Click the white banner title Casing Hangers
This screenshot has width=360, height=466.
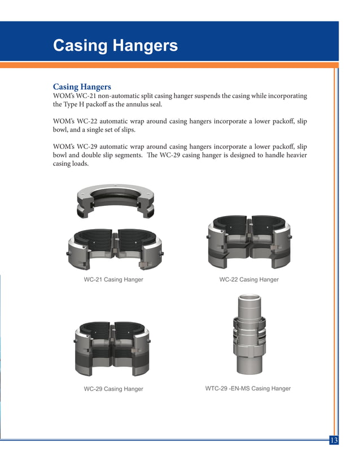[115, 46]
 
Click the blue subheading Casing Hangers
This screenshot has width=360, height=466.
[82, 87]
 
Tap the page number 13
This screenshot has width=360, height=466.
[334, 440]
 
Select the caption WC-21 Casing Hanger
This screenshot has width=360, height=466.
[113, 279]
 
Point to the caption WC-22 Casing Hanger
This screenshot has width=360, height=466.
[249, 279]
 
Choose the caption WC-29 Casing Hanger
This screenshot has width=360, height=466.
[113, 389]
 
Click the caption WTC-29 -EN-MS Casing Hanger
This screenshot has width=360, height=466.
[248, 389]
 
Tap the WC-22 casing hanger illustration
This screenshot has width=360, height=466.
[249, 241]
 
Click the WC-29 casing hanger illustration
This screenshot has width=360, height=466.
[112, 348]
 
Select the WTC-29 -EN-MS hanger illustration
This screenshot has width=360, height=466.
[249, 335]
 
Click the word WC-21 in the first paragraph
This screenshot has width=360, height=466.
[86, 96]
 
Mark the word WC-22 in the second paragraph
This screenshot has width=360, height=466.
[87, 121]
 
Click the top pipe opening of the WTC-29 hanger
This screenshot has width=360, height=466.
[249, 297]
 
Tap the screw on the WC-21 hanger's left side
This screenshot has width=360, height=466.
[68, 253]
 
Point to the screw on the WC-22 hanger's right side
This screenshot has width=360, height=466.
[290, 237]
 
